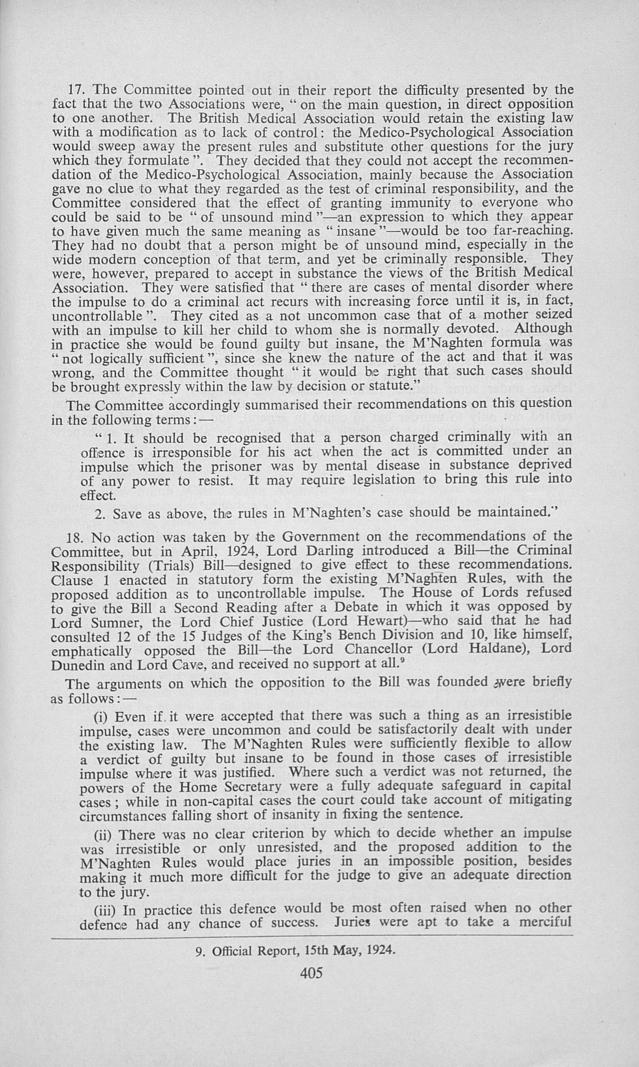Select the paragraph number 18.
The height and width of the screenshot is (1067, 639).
coord(75,538)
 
